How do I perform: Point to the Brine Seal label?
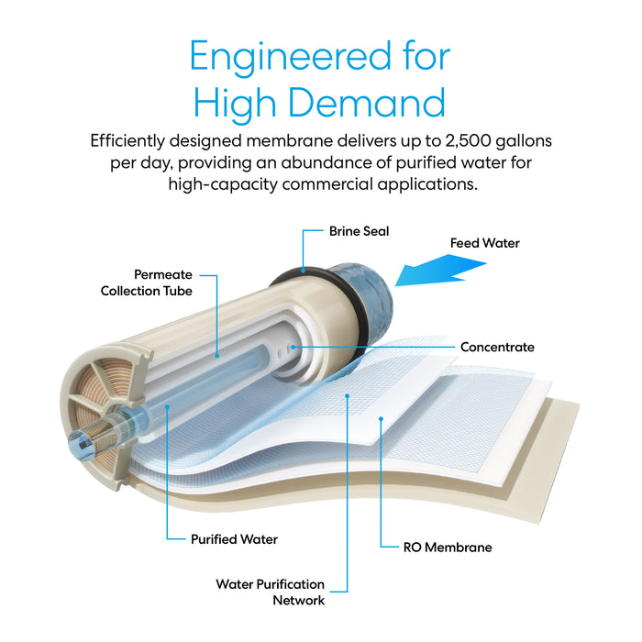(359, 231)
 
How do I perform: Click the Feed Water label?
(484, 243)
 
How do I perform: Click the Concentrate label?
(497, 348)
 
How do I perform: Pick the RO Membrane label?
(448, 547)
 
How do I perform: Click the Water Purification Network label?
(270, 592)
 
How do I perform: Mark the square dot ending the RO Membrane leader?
(381, 418)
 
